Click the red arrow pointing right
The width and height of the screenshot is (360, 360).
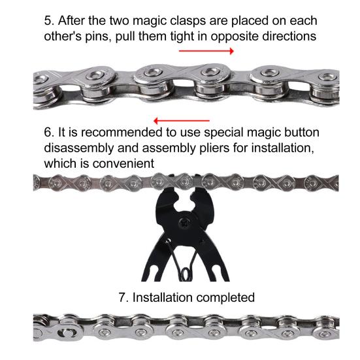(206, 50)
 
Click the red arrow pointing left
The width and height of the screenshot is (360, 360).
(181, 120)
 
